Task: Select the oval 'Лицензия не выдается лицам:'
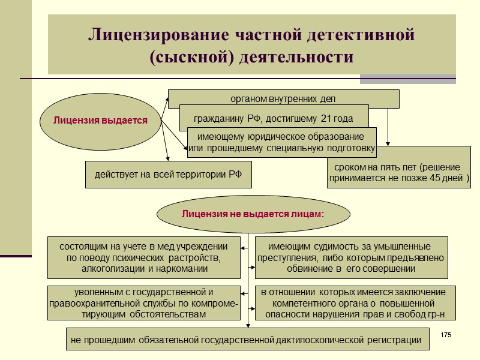(253, 214)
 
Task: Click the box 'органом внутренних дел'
(283, 98)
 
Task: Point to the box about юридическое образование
(281, 142)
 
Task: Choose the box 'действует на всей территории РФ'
(168, 175)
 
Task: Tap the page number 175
(445, 334)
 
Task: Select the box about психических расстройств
(144, 257)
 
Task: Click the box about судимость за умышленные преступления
(351, 257)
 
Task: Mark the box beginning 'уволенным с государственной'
(144, 303)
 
